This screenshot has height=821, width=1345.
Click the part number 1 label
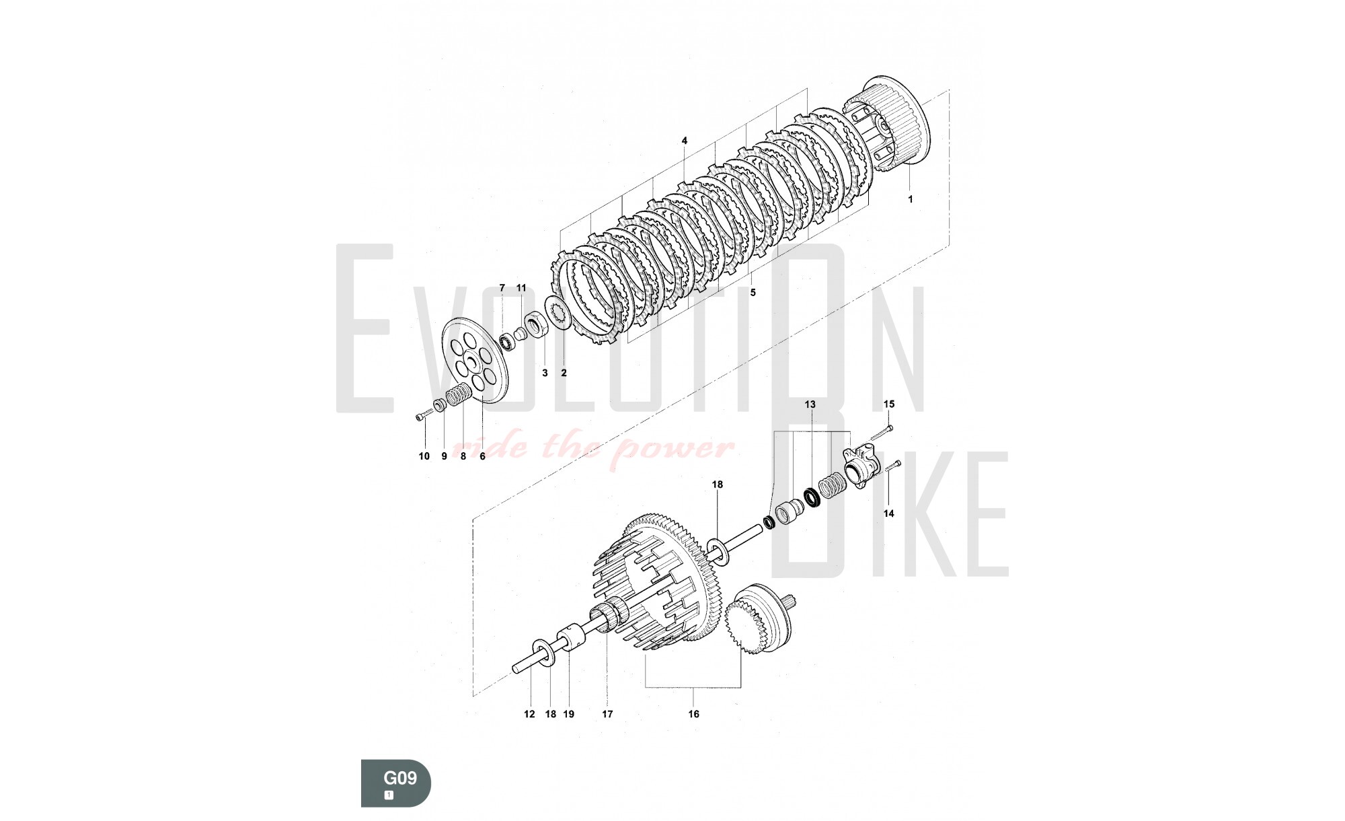(x=911, y=199)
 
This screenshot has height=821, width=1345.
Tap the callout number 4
(x=685, y=141)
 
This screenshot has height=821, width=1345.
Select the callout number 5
(x=753, y=292)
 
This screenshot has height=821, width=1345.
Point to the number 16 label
(x=693, y=714)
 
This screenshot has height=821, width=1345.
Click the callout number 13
(x=810, y=404)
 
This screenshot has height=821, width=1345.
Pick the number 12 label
(x=529, y=714)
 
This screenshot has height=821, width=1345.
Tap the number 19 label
(x=569, y=714)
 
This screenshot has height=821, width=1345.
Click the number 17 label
(x=607, y=714)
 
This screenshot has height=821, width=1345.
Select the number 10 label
(x=424, y=456)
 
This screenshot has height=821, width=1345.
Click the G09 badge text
(x=400, y=779)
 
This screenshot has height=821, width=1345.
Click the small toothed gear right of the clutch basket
(x=759, y=619)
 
